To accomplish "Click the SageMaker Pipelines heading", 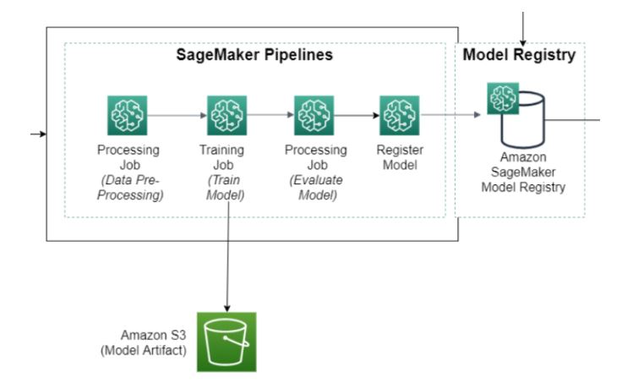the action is pyautogui.click(x=254, y=55).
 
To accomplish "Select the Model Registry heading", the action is pyautogui.click(x=519, y=55).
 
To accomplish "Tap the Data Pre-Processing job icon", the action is pyautogui.click(x=127, y=116).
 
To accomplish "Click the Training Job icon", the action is pyautogui.click(x=226, y=116).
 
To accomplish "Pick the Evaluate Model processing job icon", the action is pyautogui.click(x=314, y=116).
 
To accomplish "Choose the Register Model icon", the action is pyautogui.click(x=400, y=116).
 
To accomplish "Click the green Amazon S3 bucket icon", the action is pyautogui.click(x=226, y=342).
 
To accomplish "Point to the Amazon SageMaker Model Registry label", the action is pyautogui.click(x=523, y=172).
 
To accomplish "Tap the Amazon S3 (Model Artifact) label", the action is pyautogui.click(x=144, y=342).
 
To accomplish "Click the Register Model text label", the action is pyautogui.click(x=400, y=157).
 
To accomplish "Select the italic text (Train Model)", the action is pyautogui.click(x=225, y=188).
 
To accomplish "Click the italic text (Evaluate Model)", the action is pyautogui.click(x=316, y=188).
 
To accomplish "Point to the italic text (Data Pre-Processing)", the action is pyautogui.click(x=130, y=188).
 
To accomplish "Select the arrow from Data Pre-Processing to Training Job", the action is pyautogui.click(x=177, y=116).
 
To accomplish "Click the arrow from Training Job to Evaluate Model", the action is pyautogui.click(x=270, y=115).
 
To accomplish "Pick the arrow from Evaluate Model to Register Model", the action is pyautogui.click(x=357, y=116).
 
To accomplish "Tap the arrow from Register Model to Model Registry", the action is pyautogui.click(x=451, y=115).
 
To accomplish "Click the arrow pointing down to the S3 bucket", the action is pyautogui.click(x=227, y=257).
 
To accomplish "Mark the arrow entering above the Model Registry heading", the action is pyautogui.click(x=523, y=29).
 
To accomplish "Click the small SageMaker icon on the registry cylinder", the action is pyautogui.click(x=503, y=99).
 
